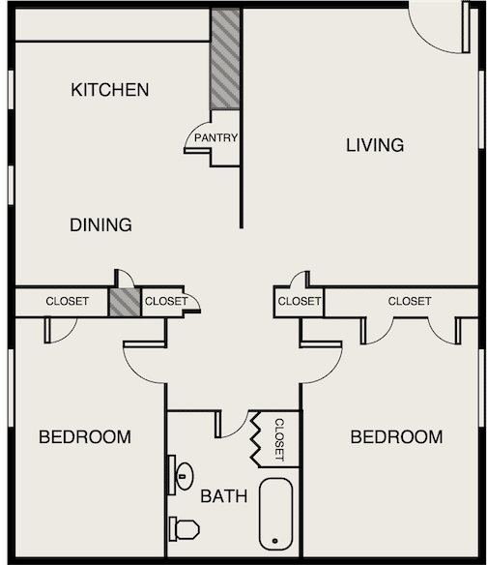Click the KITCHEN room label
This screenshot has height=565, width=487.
[x=110, y=90]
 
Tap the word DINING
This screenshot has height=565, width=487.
[x=100, y=224]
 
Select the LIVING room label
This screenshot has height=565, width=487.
[x=375, y=145]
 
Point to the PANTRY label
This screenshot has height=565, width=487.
[x=216, y=137]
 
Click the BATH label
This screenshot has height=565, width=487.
[x=224, y=496]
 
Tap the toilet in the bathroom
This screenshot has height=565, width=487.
[x=184, y=528]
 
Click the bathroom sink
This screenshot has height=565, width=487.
[x=184, y=476]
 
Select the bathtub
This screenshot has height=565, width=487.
[x=275, y=514]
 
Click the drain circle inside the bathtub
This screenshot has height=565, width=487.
[x=275, y=541]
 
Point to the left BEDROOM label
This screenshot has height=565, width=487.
[x=85, y=436]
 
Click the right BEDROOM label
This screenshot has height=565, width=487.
[x=397, y=436]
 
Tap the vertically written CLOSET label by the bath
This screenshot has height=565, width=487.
[x=279, y=439]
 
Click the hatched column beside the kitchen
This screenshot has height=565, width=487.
[x=225, y=59]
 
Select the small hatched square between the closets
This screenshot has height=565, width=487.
[x=125, y=303]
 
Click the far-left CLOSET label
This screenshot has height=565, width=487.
[x=68, y=301]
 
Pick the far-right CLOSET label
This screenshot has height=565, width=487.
[x=410, y=301]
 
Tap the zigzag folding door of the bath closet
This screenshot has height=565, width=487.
[x=255, y=439]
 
